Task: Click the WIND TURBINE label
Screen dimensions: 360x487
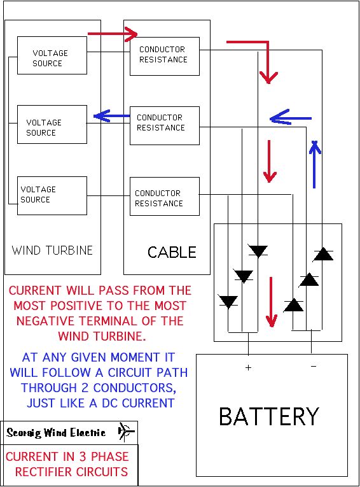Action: [52, 250]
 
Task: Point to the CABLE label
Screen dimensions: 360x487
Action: [172, 252]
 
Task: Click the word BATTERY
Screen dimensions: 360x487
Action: [269, 416]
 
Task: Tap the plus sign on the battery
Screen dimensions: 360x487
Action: [248, 368]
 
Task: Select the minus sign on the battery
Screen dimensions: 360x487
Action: [314, 367]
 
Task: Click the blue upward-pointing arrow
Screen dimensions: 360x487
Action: [315, 165]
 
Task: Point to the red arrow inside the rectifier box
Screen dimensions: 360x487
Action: [272, 302]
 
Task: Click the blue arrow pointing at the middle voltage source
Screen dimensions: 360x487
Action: [111, 116]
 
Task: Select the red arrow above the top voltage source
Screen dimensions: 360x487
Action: [113, 34]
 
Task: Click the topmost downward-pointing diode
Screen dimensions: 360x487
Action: [258, 251]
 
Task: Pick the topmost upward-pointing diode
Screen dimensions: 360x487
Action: [323, 254]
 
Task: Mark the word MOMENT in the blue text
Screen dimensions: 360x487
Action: [135, 357]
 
